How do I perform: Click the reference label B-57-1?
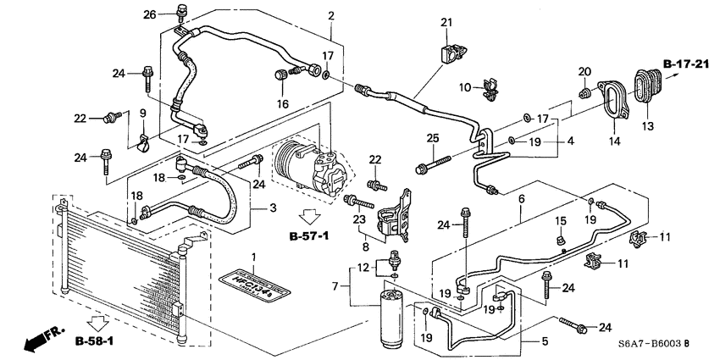pos(310,235)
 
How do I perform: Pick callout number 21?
pos(446,23)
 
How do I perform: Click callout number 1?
pos(251,256)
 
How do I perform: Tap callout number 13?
pos(649,126)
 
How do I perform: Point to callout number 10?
pos(464,87)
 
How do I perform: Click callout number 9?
pos(143,113)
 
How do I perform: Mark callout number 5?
pos(544,341)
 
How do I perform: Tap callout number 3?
pos(273,208)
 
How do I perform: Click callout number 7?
pos(335,285)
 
